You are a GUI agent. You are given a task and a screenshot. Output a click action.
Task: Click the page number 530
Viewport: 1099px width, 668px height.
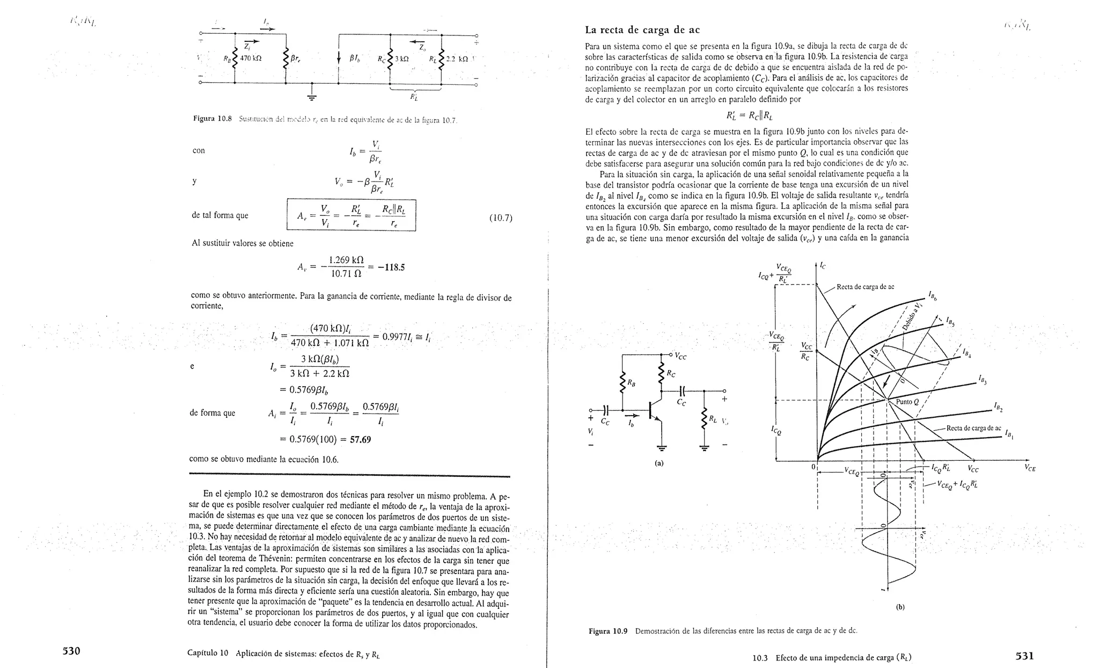click(71, 651)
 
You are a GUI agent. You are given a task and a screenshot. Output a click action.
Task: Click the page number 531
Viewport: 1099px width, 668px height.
click(1024, 656)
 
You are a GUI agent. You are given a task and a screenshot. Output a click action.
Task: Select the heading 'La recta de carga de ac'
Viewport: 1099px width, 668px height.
click(642, 30)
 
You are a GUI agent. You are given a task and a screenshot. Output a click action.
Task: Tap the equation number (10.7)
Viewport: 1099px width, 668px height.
click(501, 218)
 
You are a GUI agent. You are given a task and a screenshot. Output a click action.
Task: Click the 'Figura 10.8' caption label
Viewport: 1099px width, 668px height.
click(212, 119)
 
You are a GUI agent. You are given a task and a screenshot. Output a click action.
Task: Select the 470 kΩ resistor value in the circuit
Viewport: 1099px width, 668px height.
click(250, 59)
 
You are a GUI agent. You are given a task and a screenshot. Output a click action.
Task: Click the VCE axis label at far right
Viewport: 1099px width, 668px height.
click(1029, 468)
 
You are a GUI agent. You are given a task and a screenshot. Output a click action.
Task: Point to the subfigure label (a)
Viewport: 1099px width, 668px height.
click(659, 463)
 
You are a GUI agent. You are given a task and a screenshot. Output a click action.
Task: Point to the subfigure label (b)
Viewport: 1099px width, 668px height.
click(900, 607)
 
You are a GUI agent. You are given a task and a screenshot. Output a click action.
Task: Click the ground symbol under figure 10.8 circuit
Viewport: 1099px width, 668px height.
click(312, 97)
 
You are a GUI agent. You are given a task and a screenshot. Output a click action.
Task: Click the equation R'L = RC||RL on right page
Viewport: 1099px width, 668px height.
click(749, 115)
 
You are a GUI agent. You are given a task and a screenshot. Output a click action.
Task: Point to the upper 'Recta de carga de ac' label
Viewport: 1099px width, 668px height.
click(865, 287)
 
